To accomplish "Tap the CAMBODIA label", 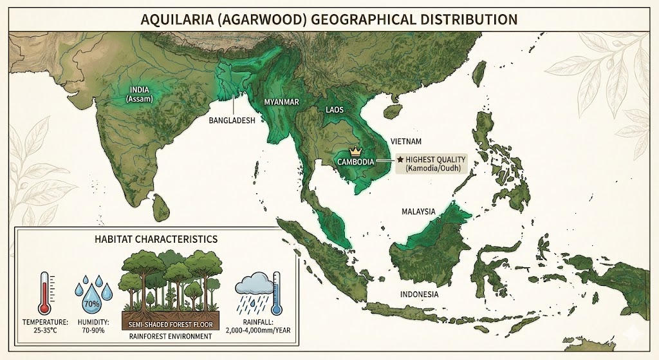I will point(356,162).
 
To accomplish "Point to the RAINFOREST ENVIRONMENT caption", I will point(171,335).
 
